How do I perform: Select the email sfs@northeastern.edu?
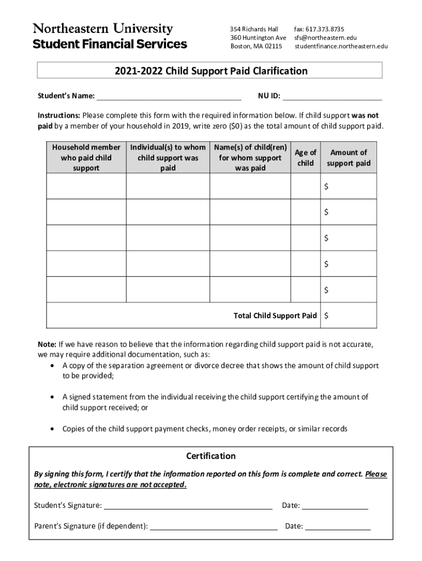(325, 38)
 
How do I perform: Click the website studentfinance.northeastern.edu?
(341, 47)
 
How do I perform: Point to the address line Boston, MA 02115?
(256, 47)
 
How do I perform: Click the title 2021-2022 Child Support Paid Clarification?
(211, 71)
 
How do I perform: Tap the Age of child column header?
(305, 158)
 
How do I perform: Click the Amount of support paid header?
(349, 158)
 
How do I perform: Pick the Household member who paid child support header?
(86, 158)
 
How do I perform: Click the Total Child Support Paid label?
(275, 316)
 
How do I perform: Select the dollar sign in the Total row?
(327, 316)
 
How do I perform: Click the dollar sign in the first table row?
(327, 187)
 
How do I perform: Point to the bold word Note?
(47, 345)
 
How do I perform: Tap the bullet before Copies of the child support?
(52, 429)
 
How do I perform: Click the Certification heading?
(211, 456)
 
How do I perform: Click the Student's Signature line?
(188, 505)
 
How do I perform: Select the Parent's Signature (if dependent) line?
(214, 526)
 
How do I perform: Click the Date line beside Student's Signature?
(335, 505)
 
